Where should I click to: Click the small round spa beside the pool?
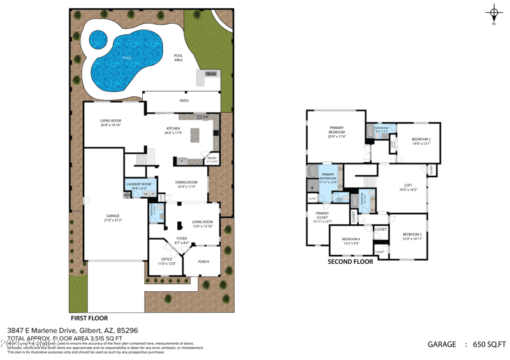(98, 41)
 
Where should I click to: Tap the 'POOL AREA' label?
(178, 57)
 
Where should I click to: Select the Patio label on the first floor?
(184, 101)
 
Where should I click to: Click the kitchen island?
(194, 135)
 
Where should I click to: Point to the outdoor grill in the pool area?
(211, 75)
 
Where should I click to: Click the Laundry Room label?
(138, 184)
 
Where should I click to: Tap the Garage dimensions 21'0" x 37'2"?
(113, 220)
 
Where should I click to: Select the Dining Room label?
(186, 182)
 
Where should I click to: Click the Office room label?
(166, 259)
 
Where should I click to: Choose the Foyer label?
(182, 238)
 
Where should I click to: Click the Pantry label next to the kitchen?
(212, 158)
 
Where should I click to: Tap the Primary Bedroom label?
(337, 127)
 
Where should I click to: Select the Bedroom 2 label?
(421, 139)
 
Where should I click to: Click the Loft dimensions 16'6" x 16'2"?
(408, 190)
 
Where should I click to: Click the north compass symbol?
(493, 13)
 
